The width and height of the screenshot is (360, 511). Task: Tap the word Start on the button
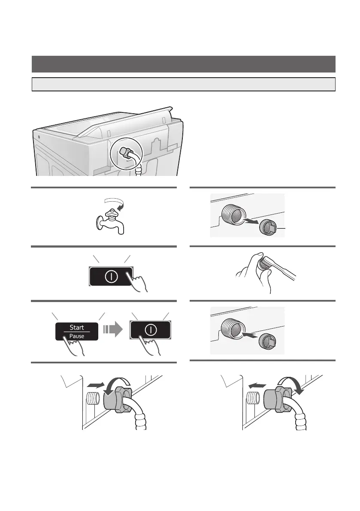click(77, 327)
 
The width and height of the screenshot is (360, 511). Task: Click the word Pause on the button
click(77, 336)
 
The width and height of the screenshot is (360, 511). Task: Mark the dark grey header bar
click(183, 64)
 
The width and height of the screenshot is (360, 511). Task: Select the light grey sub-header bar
click(183, 84)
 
